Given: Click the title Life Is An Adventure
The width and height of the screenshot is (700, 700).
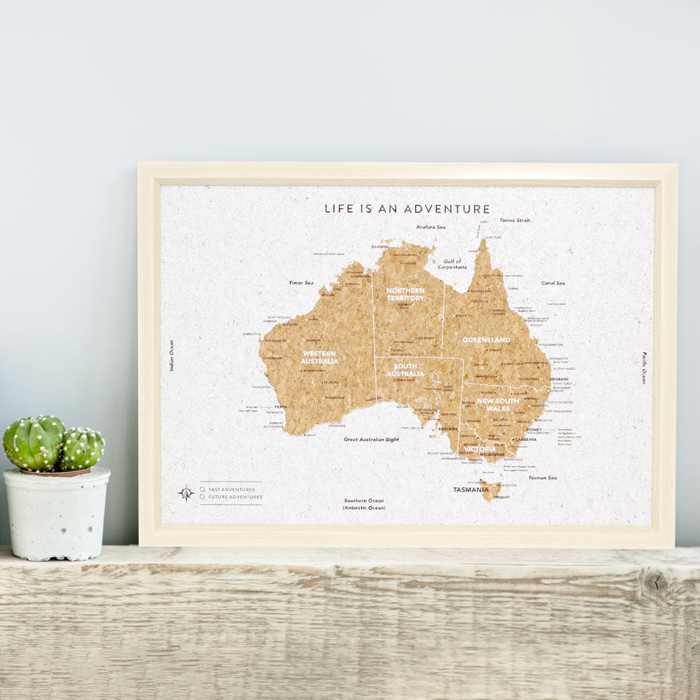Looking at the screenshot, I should (407, 209).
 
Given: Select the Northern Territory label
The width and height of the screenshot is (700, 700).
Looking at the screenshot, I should (405, 294).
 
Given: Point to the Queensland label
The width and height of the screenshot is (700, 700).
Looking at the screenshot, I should (486, 340).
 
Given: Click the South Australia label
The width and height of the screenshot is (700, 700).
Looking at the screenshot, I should (405, 370).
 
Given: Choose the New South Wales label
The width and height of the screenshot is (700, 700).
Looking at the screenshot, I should (498, 405).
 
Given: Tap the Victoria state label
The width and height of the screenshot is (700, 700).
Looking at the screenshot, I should (479, 449).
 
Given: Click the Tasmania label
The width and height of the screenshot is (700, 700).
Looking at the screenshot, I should (470, 490).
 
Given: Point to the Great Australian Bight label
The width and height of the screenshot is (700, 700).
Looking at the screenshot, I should (371, 440).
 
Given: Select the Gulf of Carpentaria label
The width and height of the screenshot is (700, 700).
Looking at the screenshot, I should (452, 264).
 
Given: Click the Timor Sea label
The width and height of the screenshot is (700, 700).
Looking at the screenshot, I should (301, 283).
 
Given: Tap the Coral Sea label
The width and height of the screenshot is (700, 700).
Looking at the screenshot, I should (553, 283).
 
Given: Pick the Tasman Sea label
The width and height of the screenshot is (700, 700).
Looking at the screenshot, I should (542, 477).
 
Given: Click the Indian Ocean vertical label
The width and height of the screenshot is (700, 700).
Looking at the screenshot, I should (171, 356).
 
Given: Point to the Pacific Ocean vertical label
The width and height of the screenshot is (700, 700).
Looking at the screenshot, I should (644, 367).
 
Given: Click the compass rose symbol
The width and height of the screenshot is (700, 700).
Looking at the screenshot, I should (185, 493).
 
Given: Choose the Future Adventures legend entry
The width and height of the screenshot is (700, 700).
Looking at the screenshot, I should (230, 497).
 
